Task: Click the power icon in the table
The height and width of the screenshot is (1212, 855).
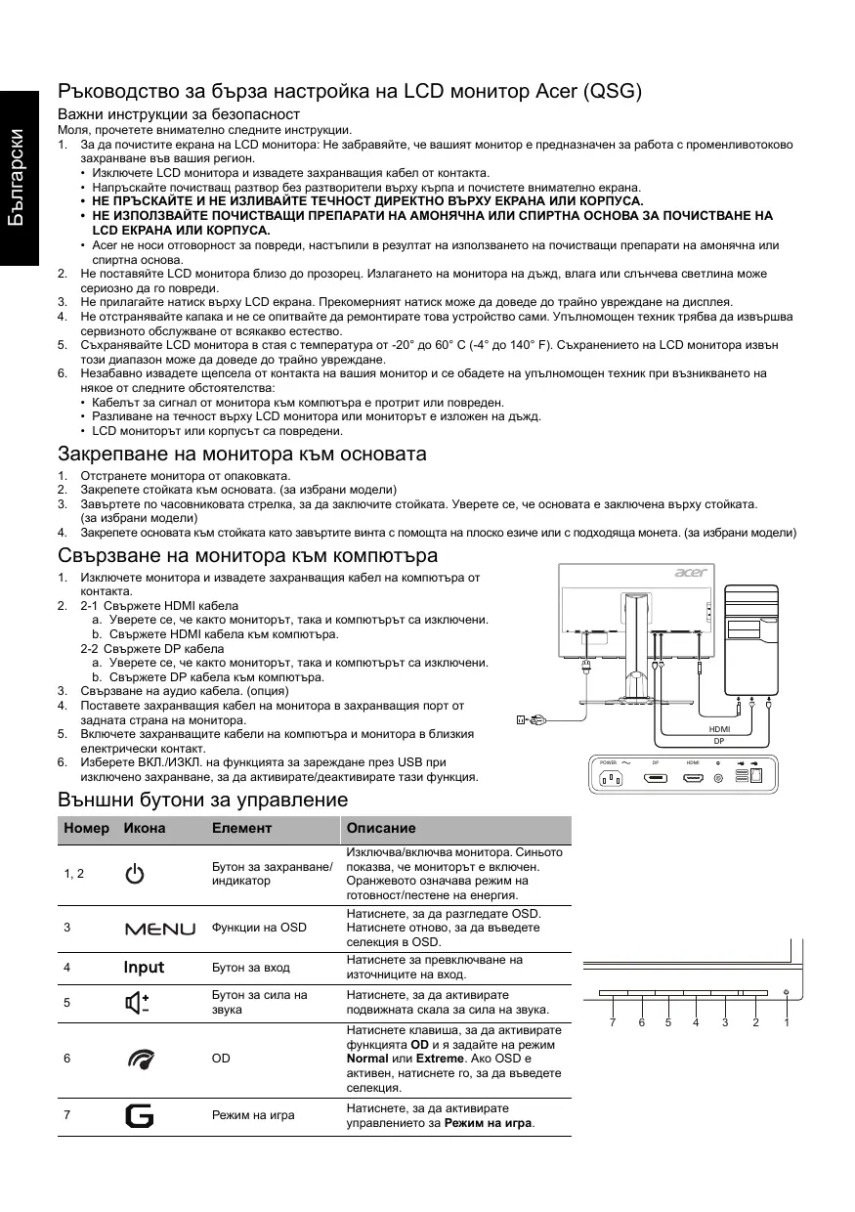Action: pyautogui.click(x=134, y=874)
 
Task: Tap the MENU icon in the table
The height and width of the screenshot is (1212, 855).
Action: pyautogui.click(x=159, y=928)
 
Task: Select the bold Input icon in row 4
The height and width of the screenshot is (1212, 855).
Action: pyautogui.click(x=144, y=968)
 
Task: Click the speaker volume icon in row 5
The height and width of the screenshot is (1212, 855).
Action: pyautogui.click(x=138, y=1003)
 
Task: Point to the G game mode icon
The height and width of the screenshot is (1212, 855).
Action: pyautogui.click(x=139, y=1114)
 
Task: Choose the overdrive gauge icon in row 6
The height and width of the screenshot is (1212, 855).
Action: pyautogui.click(x=138, y=1058)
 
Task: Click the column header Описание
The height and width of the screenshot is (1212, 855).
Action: pyautogui.click(x=381, y=828)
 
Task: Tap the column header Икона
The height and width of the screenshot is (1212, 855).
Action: pyautogui.click(x=144, y=828)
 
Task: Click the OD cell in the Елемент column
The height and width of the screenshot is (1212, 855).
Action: pyautogui.click(x=221, y=1058)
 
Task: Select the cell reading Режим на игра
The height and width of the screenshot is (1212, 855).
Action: pyautogui.click(x=253, y=1114)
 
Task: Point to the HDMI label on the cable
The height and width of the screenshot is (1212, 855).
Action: pyautogui.click(x=719, y=729)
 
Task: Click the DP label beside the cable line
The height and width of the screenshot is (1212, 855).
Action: pyautogui.click(x=719, y=741)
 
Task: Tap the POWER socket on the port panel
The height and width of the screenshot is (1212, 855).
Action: pyautogui.click(x=615, y=778)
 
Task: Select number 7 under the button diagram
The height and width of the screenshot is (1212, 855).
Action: pyautogui.click(x=613, y=1022)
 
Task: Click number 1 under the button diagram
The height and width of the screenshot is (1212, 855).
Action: pyautogui.click(x=786, y=1022)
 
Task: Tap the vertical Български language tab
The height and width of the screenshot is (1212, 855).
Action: pyautogui.click(x=19, y=180)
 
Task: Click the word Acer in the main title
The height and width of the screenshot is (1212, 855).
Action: pyautogui.click(x=554, y=92)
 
